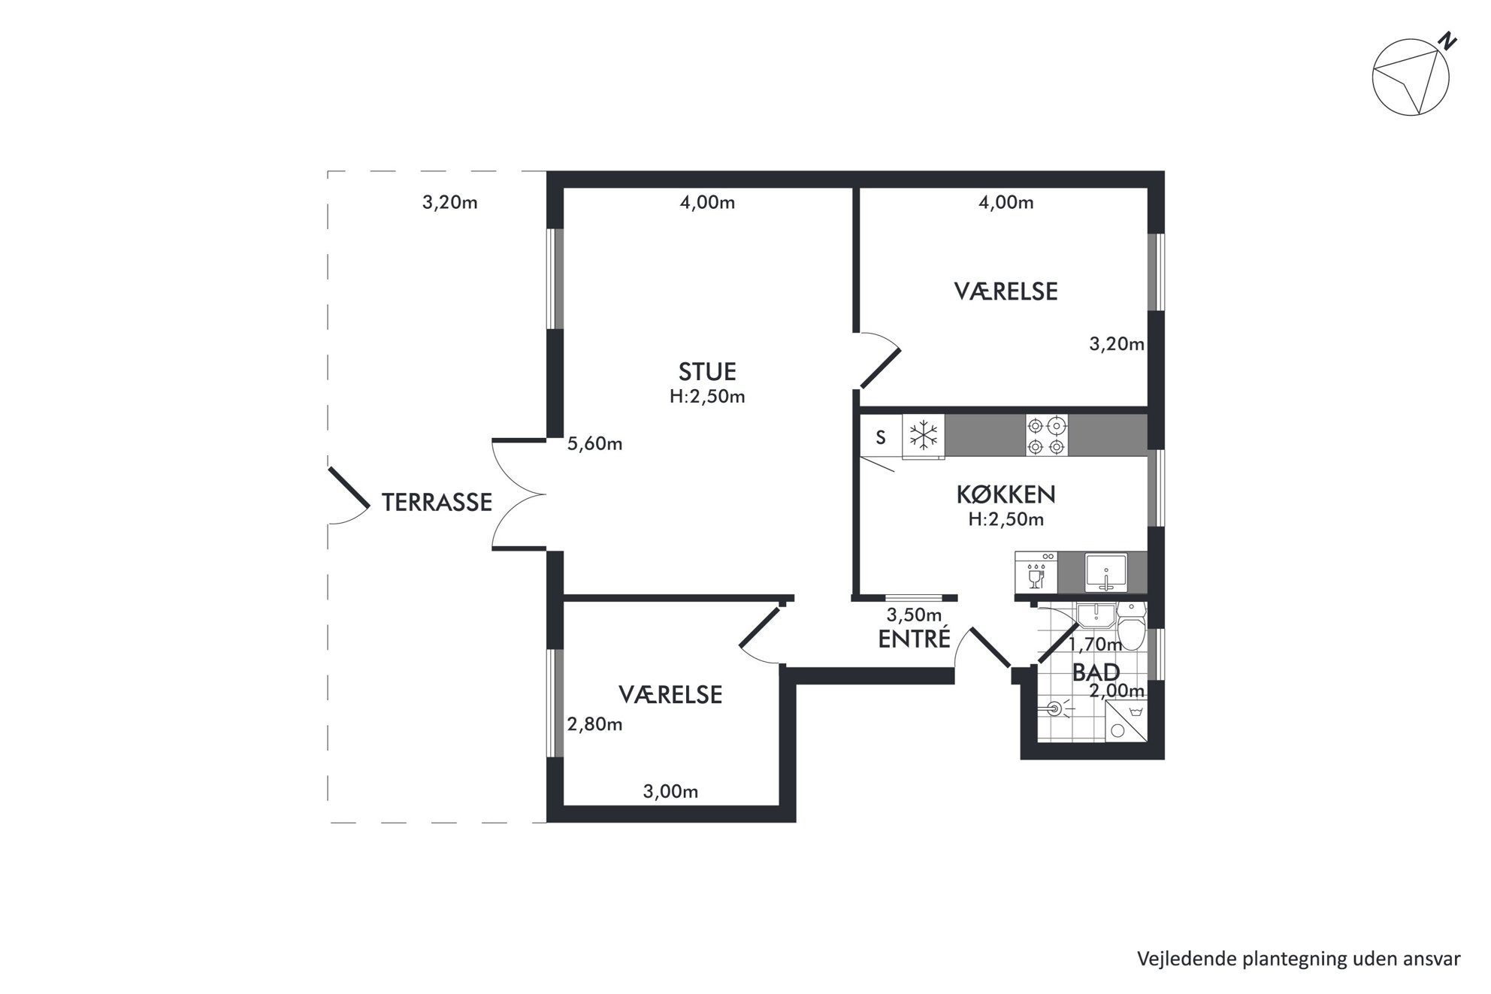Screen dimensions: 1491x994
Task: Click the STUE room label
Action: coord(707,372)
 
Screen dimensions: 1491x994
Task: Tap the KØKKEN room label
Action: coord(1006,494)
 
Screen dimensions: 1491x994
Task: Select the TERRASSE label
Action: coord(437,502)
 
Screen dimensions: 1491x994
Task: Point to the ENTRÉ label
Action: coord(915,639)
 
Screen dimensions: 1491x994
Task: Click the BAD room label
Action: coord(1096,672)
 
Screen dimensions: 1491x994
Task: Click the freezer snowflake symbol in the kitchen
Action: coord(924,435)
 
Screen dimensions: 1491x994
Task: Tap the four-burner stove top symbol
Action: coord(1047,436)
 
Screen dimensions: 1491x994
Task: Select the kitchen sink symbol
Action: coord(1105,573)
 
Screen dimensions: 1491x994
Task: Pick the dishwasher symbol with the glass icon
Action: coord(1036,573)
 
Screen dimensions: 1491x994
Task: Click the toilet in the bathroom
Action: coord(1131,626)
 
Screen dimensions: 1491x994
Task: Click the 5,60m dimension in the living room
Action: coord(594,444)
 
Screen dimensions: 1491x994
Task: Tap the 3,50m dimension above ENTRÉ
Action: coord(914,615)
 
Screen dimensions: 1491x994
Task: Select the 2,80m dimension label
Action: coord(594,724)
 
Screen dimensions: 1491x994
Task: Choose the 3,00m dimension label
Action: coord(670,791)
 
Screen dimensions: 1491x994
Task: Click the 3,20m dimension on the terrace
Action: coord(449,202)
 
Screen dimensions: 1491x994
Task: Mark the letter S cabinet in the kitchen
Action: coord(881,437)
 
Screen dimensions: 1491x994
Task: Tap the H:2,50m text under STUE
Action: coord(707,397)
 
